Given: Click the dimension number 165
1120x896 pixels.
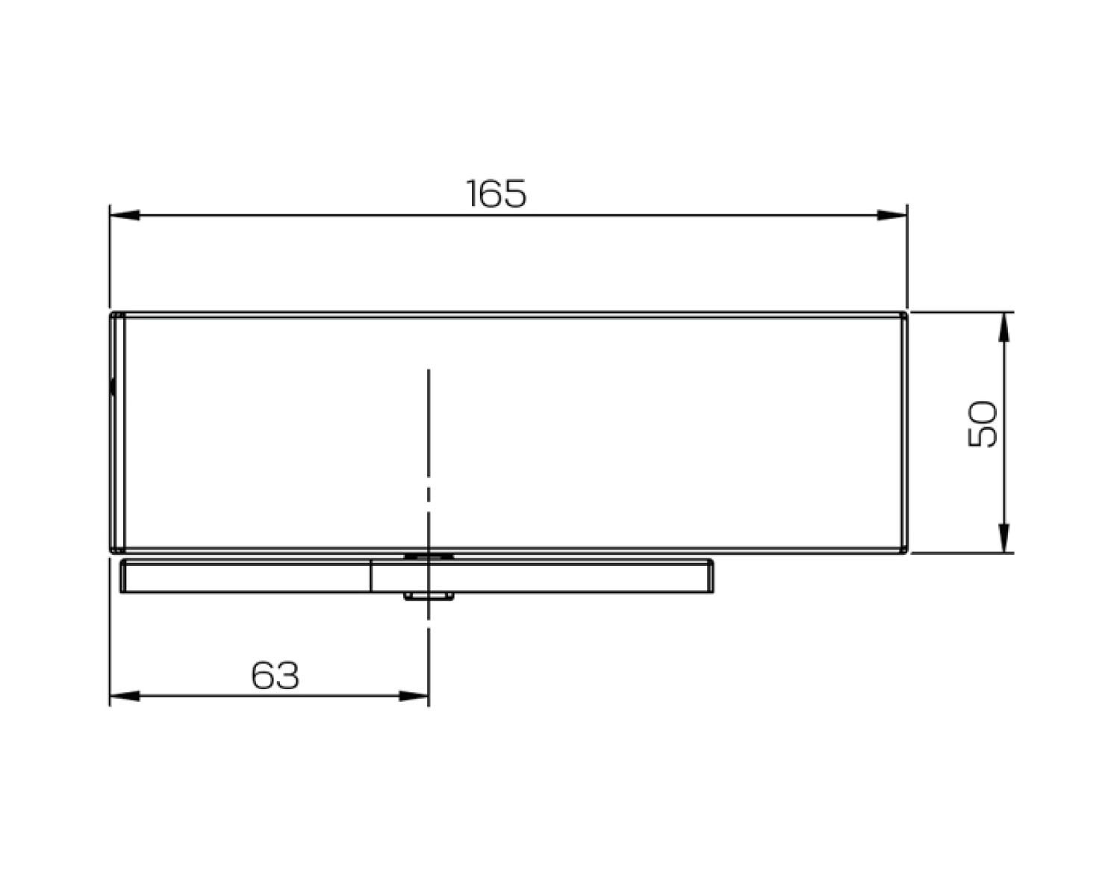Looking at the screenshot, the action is click(x=497, y=193).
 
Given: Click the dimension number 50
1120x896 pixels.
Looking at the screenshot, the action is click(x=982, y=423).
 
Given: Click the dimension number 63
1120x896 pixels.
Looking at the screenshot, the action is click(x=275, y=675).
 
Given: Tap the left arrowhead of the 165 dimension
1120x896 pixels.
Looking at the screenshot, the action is click(x=125, y=215).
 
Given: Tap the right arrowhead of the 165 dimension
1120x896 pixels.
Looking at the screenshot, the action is click(x=892, y=215).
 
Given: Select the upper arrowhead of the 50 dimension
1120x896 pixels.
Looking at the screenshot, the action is click(x=1004, y=327).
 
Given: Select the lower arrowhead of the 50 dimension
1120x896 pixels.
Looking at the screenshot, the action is click(x=1004, y=538).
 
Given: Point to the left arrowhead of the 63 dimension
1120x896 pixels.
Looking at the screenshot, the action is click(x=125, y=696).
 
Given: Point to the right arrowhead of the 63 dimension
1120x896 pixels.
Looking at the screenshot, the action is click(x=413, y=696).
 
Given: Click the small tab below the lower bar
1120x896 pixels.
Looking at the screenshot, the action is click(x=429, y=596).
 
